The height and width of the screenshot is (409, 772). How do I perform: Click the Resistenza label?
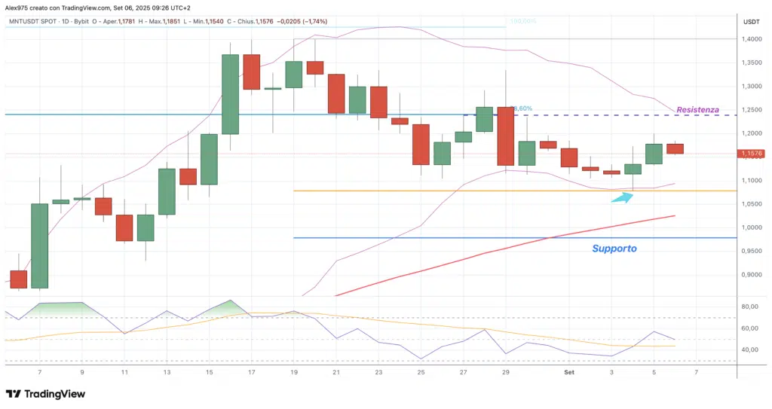click(x=697, y=110)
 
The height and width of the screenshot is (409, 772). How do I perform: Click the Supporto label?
click(x=614, y=248)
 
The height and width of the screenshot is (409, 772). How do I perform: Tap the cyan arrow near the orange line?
click(x=620, y=197)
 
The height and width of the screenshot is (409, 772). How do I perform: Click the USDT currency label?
click(x=750, y=22)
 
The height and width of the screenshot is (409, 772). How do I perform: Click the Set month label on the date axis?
click(x=570, y=372)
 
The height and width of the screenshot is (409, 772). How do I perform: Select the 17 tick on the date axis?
click(x=251, y=372)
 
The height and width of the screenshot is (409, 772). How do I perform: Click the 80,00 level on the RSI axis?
click(x=750, y=307)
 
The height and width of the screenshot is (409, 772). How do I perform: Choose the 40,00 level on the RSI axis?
click(x=750, y=349)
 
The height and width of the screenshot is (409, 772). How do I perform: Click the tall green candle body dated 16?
click(x=230, y=94)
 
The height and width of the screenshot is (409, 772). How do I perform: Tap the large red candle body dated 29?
click(x=506, y=136)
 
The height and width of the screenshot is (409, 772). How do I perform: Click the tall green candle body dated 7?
click(x=39, y=245)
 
